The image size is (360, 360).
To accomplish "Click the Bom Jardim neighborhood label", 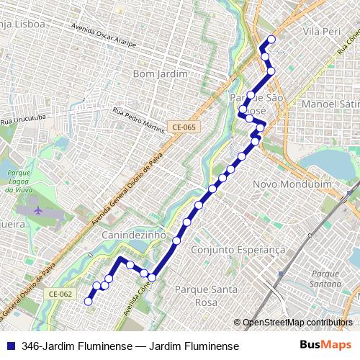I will [x=161, y=74].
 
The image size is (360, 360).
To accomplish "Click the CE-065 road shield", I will [x=183, y=127].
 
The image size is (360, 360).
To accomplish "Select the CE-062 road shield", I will [x=61, y=294].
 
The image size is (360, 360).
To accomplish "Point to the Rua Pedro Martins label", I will [x=139, y=121].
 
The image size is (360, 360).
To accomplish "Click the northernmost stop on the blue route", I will [x=271, y=40].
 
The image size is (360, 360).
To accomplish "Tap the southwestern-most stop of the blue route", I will [x=89, y=302].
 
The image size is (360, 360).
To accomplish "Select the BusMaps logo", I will [x=325, y=346].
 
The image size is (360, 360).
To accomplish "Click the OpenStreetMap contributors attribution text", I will [x=297, y=322].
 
